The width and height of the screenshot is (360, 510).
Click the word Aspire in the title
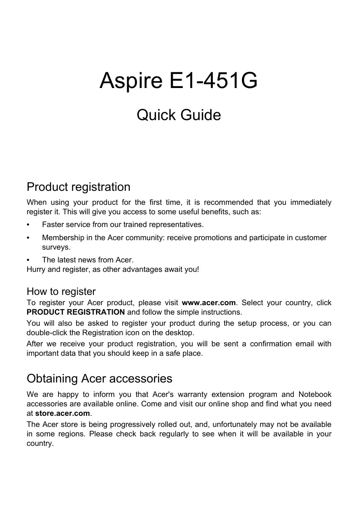131,81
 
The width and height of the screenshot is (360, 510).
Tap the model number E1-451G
214,81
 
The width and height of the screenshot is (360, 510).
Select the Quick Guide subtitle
179,115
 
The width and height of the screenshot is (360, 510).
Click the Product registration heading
78,187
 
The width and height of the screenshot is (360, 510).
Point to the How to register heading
61,292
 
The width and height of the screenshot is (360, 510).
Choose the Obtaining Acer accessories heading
99,378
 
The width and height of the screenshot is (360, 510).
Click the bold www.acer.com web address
209,303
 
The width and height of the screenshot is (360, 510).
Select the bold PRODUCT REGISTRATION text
76,312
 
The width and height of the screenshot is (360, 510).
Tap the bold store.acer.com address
63,413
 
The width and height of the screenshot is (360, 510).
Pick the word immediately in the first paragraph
311,202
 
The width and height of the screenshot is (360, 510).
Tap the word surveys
56,248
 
